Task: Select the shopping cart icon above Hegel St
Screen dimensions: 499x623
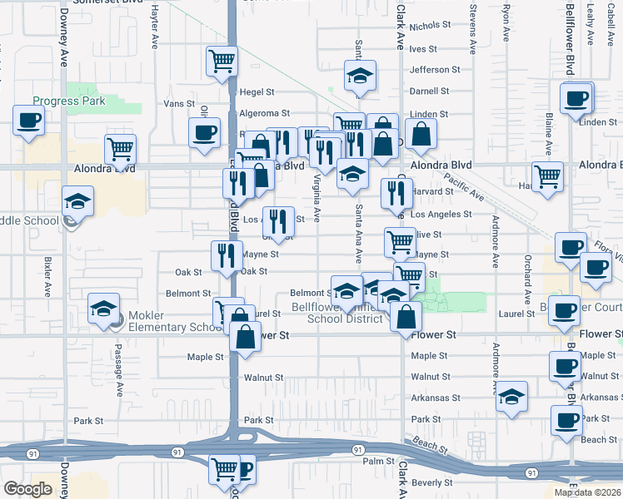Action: [x=222, y=61]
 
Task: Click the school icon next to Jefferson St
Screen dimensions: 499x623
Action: [x=360, y=76]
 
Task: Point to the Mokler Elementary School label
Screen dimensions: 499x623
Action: [x=167, y=327]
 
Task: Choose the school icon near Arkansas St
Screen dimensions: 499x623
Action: [x=511, y=398]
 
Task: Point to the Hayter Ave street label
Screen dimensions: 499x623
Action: [x=155, y=27]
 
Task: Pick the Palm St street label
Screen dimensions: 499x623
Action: [x=377, y=461]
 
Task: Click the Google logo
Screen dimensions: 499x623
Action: [x=27, y=489]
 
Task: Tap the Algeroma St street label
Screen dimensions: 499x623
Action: [x=264, y=113]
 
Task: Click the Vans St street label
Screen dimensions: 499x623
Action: [x=178, y=104]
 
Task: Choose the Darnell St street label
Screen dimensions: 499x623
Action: [x=429, y=91]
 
